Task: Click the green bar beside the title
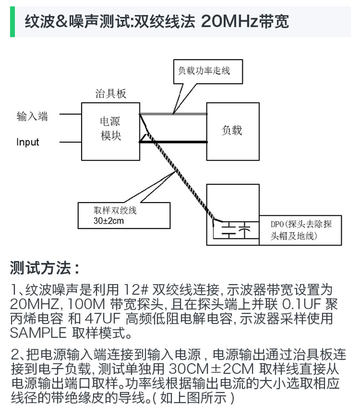[x=12, y=21]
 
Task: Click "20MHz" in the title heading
[x=228, y=21]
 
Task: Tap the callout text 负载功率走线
[x=204, y=71]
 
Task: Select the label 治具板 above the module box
[x=111, y=94]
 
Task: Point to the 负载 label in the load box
[x=231, y=130]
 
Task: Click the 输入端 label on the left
[x=32, y=116]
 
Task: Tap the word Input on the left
[x=28, y=142]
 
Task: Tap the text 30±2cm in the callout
[x=108, y=222]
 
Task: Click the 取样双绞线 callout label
[x=115, y=211]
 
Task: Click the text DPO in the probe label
[x=276, y=224]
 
